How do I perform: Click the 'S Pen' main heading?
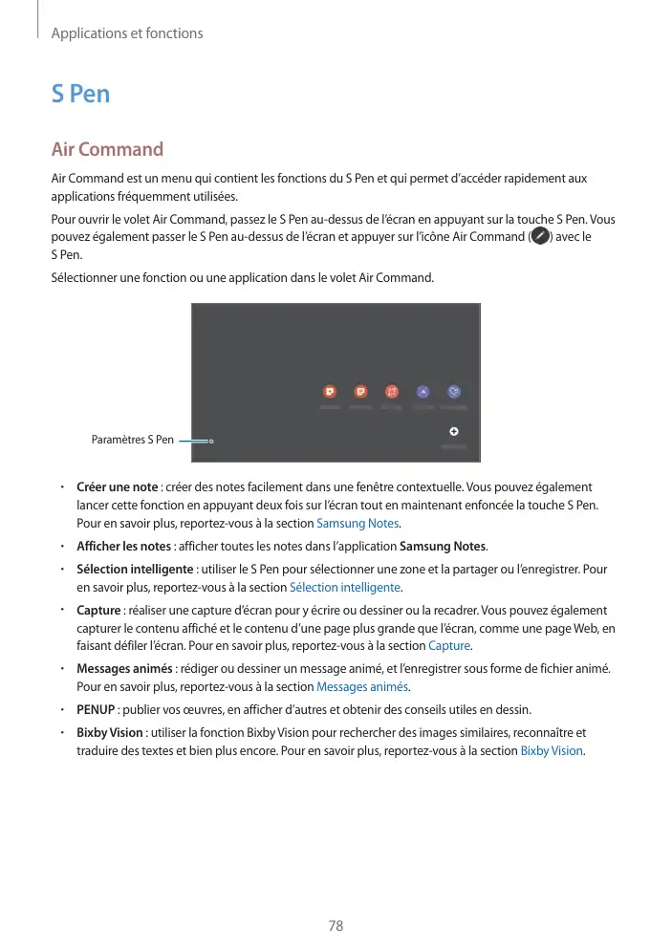80,94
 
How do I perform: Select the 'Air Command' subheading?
107,150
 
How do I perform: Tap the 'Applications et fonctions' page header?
126,33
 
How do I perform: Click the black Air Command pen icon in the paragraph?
540,235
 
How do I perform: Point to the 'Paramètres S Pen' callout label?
132,441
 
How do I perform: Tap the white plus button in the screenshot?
454,431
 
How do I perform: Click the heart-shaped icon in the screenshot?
454,391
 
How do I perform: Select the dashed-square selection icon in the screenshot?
391,391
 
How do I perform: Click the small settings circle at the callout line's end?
210,441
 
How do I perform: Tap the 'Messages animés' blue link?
362,687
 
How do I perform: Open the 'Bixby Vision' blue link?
552,750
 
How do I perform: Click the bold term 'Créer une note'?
117,487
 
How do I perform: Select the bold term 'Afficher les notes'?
123,547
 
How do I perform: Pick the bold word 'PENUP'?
96,709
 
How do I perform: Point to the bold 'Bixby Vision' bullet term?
110,732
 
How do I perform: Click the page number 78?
336,926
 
